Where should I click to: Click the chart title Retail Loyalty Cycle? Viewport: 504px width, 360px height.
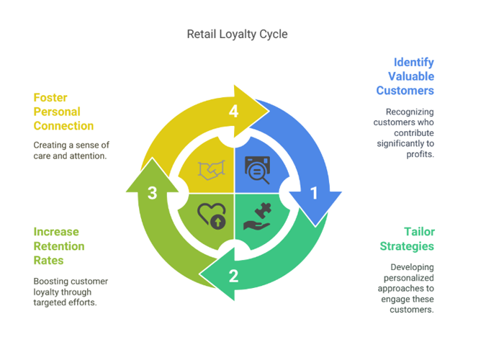click(x=237, y=34)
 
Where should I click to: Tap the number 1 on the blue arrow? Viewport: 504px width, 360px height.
click(x=313, y=193)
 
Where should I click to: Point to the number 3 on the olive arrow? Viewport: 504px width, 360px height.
click(x=152, y=192)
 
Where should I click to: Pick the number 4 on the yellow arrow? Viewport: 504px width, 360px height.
click(x=233, y=111)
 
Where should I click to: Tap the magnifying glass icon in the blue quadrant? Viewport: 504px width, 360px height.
click(x=258, y=170)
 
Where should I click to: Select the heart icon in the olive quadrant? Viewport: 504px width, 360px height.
click(x=212, y=215)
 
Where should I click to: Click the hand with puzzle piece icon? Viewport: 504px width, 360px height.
click(x=257, y=216)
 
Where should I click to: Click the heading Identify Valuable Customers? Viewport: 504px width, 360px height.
click(x=405, y=76)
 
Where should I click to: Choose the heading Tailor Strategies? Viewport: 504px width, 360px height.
click(x=407, y=239)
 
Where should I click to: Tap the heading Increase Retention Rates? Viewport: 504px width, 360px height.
click(x=59, y=246)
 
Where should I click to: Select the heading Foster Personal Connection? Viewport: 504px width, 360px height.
click(x=63, y=112)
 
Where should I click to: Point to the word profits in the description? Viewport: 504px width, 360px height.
click(x=420, y=153)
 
